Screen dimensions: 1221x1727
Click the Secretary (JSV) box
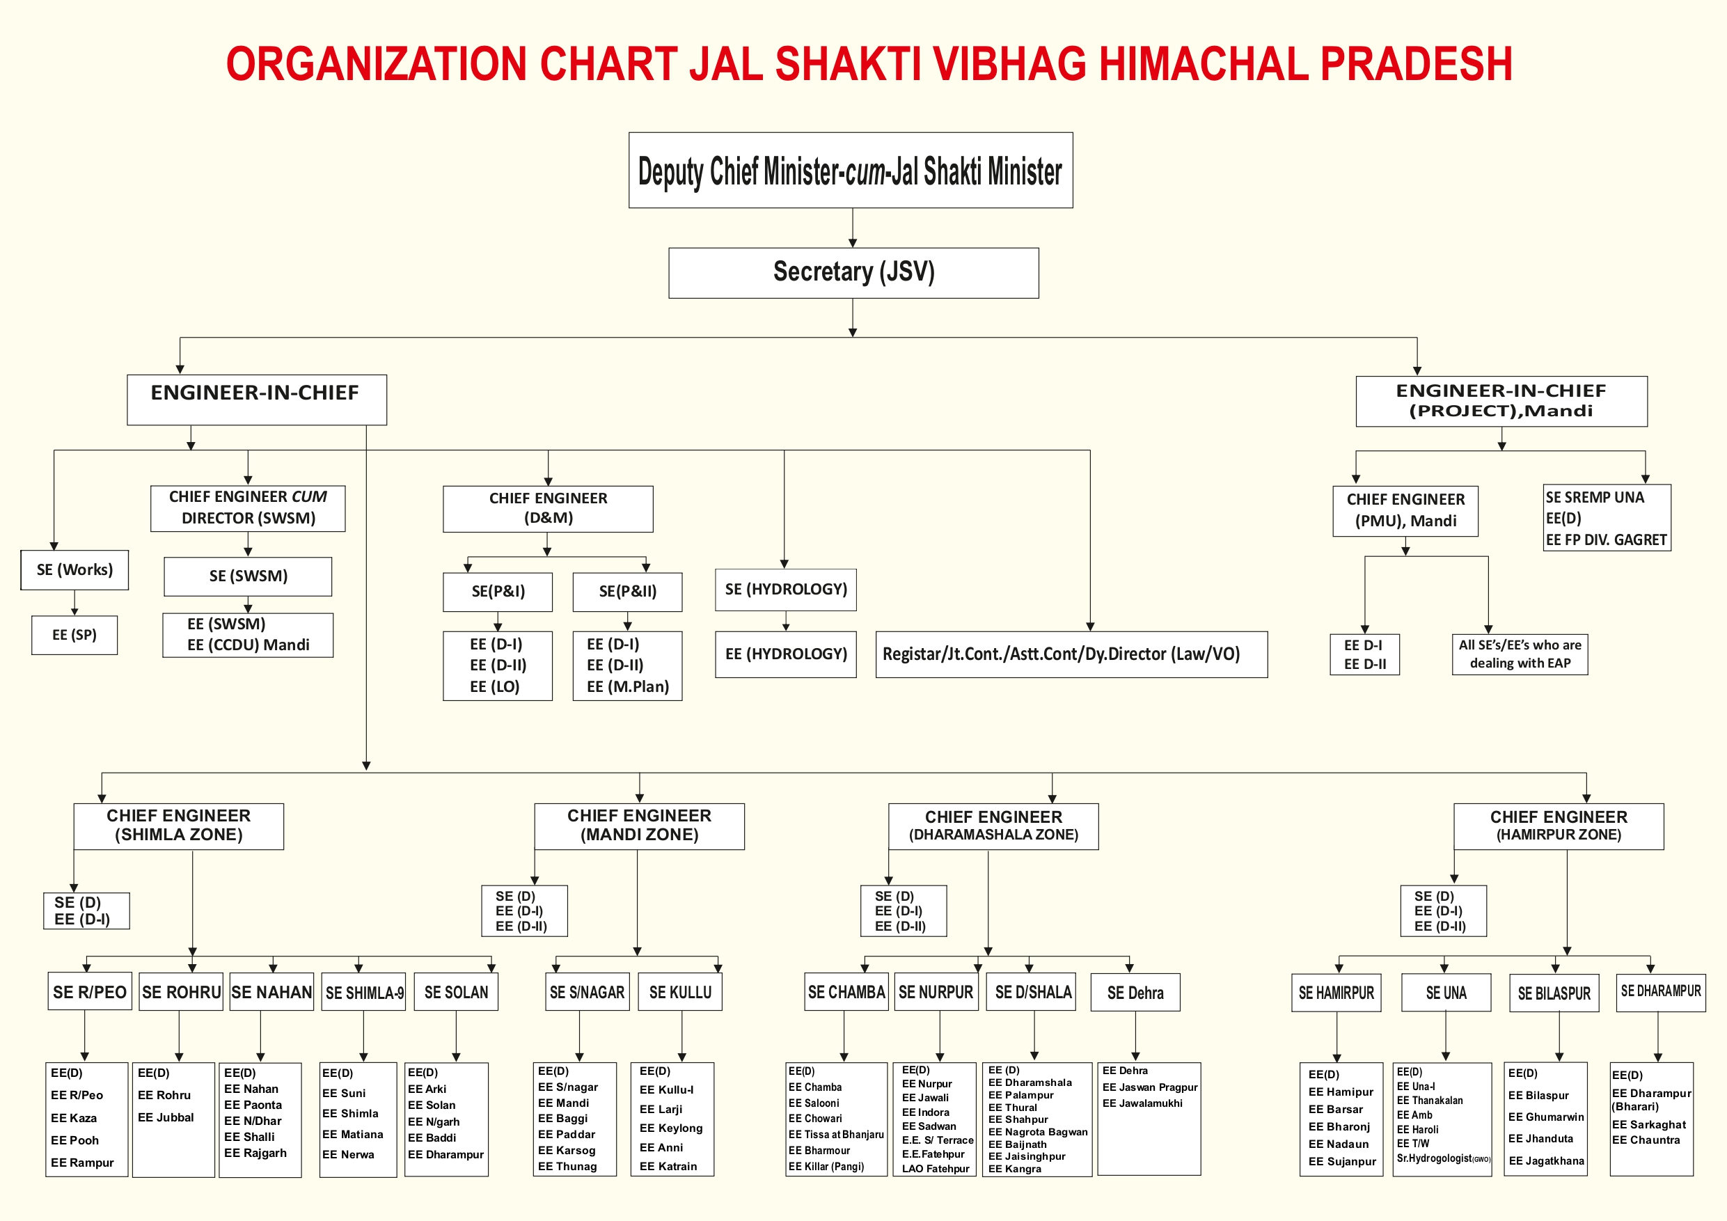[x=853, y=272]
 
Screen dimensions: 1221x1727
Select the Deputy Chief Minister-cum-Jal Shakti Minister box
[x=850, y=170]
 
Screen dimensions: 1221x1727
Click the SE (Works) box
[x=74, y=569]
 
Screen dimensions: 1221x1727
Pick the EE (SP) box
[x=74, y=635]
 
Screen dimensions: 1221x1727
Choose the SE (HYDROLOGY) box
[x=785, y=589]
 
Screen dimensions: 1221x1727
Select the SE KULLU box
[x=680, y=991]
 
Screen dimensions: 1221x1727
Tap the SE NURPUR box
[x=936, y=991]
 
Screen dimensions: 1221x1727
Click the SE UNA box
[x=1445, y=992]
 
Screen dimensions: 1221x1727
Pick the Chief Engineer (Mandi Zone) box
[x=638, y=826]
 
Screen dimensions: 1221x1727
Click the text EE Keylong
[x=671, y=1128]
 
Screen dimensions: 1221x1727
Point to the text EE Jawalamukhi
[x=1142, y=1103]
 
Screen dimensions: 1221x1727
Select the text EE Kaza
[x=74, y=1118]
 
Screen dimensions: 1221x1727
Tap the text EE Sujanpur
[x=1342, y=1161]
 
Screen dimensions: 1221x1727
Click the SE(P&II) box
[x=627, y=591]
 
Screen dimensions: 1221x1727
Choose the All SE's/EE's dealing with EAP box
[x=1520, y=654]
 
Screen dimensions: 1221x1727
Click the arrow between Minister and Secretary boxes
[x=852, y=228]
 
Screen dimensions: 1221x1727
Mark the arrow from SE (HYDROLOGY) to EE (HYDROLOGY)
[x=786, y=622]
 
